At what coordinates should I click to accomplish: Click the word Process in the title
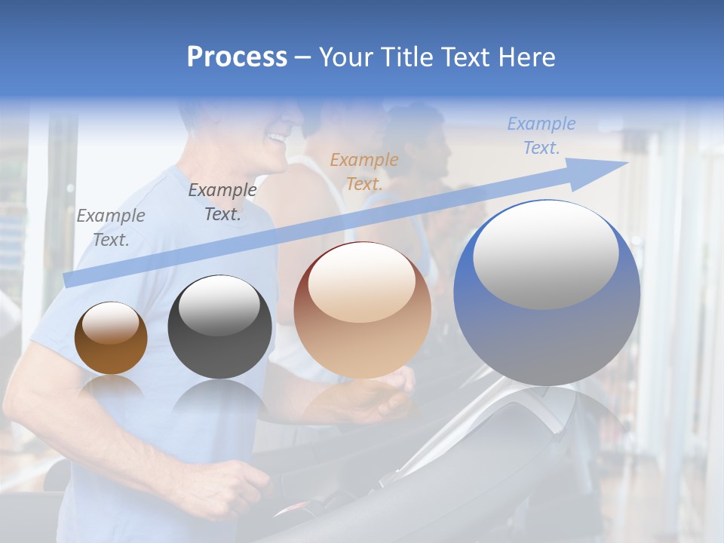click(x=237, y=57)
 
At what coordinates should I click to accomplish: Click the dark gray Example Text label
click(x=222, y=202)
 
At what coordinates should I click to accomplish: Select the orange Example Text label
click(x=364, y=171)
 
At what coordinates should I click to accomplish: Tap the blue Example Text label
click(x=541, y=136)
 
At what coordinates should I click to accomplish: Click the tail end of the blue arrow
click(x=69, y=280)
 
